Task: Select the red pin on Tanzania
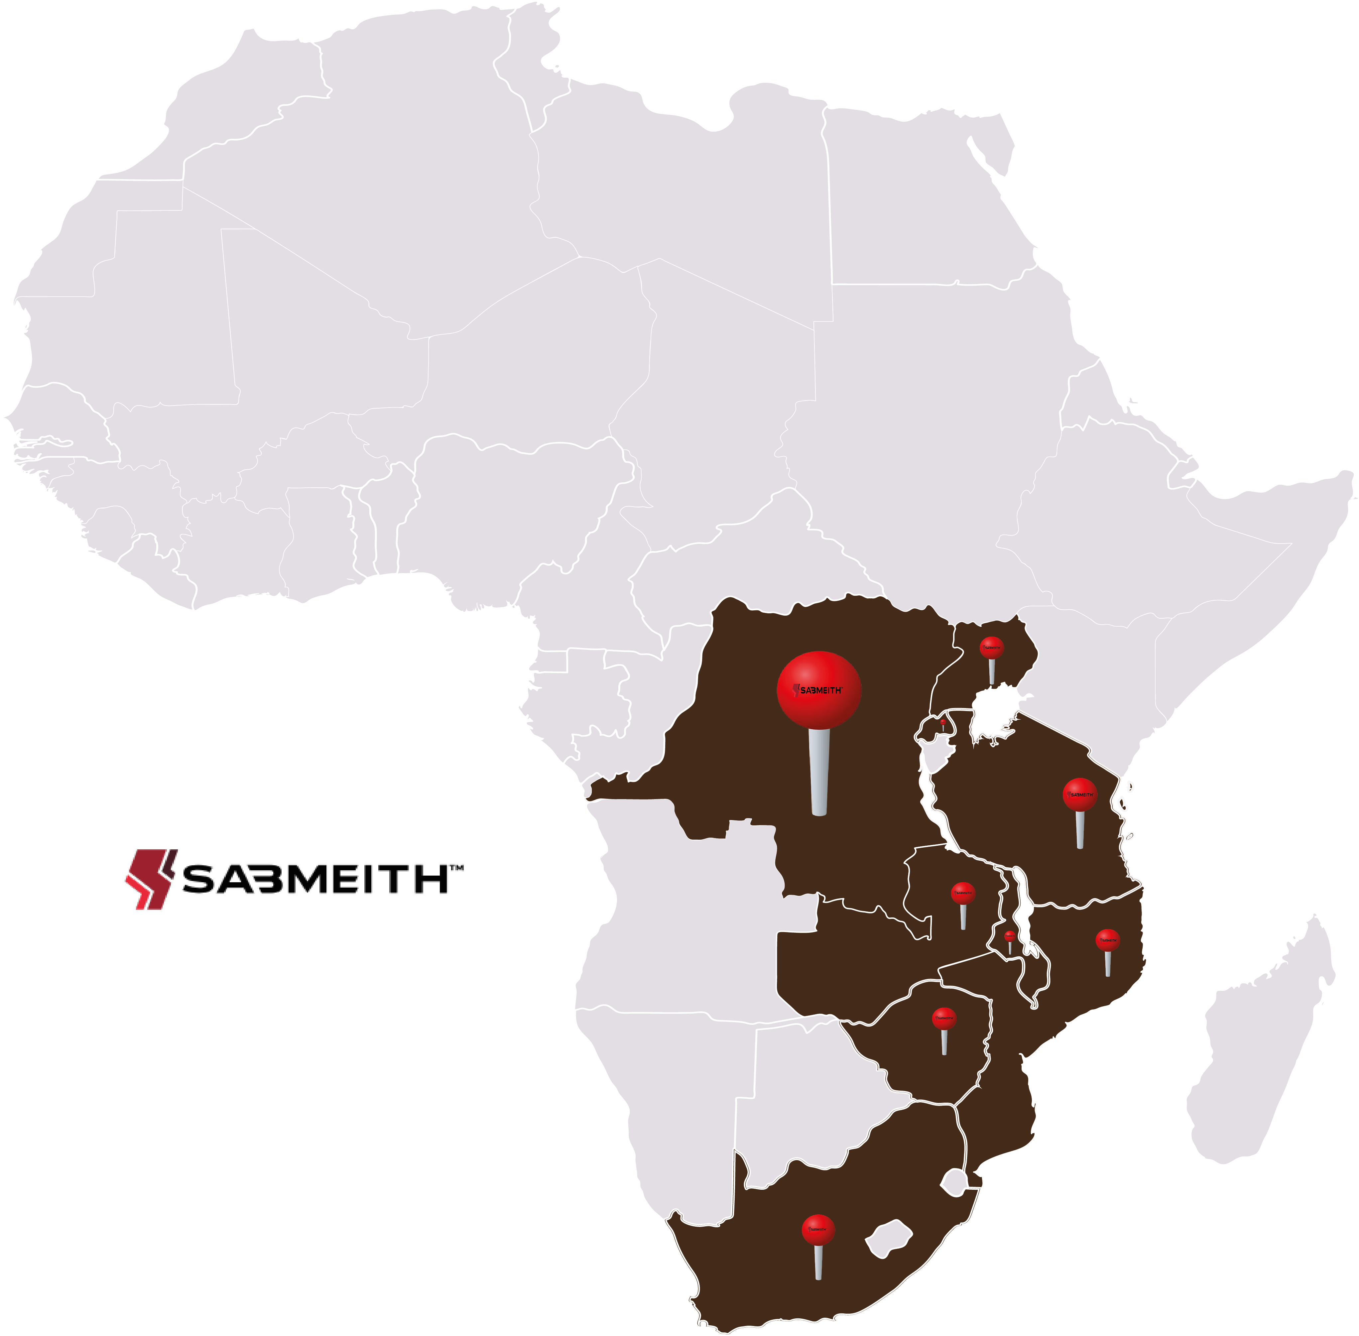pos(1079,794)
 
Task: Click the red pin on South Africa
pos(818,1229)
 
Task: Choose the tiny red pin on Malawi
pos(1009,935)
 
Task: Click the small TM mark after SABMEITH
pos(456,869)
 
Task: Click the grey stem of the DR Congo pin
pos(819,772)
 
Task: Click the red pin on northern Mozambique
pos(1107,939)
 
